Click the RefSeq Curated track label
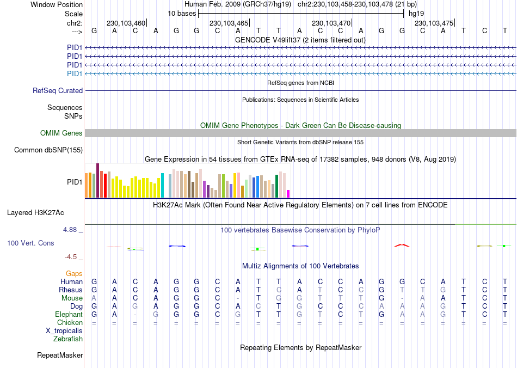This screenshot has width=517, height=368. (x=58, y=91)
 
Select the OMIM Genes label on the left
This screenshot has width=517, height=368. (x=61, y=133)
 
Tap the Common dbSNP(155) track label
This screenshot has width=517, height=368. (x=48, y=150)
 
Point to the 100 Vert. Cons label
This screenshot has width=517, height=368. (x=30, y=243)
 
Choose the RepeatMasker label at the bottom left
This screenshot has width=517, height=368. (x=60, y=355)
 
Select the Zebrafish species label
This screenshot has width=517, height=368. (x=68, y=339)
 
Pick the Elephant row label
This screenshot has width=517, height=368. (x=69, y=315)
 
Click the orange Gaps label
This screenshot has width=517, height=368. (x=74, y=273)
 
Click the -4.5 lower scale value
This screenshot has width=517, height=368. (x=72, y=257)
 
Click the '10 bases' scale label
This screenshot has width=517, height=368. (x=182, y=13)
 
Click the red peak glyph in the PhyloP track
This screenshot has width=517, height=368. (x=401, y=246)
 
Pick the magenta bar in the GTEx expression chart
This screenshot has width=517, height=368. (x=288, y=193)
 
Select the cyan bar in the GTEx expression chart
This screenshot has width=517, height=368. (x=162, y=185)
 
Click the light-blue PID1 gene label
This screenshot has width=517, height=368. (x=75, y=73)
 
